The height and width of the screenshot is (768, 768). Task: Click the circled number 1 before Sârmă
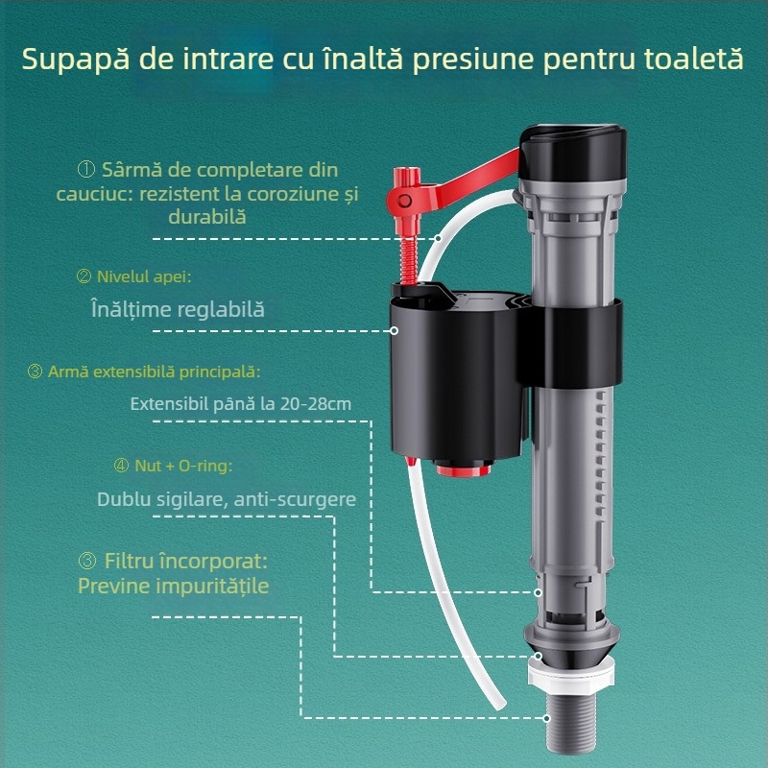click(x=85, y=170)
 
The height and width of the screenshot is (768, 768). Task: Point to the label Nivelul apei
click(x=143, y=276)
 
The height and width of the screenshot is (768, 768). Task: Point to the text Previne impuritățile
click(x=173, y=586)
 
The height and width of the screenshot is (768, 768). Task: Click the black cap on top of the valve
click(x=574, y=154)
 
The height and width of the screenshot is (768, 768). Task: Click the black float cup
click(x=451, y=374)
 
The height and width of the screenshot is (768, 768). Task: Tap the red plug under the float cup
click(x=462, y=469)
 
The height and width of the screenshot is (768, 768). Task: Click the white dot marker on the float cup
click(x=395, y=331)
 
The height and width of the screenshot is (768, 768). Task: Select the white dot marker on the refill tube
click(x=438, y=236)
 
